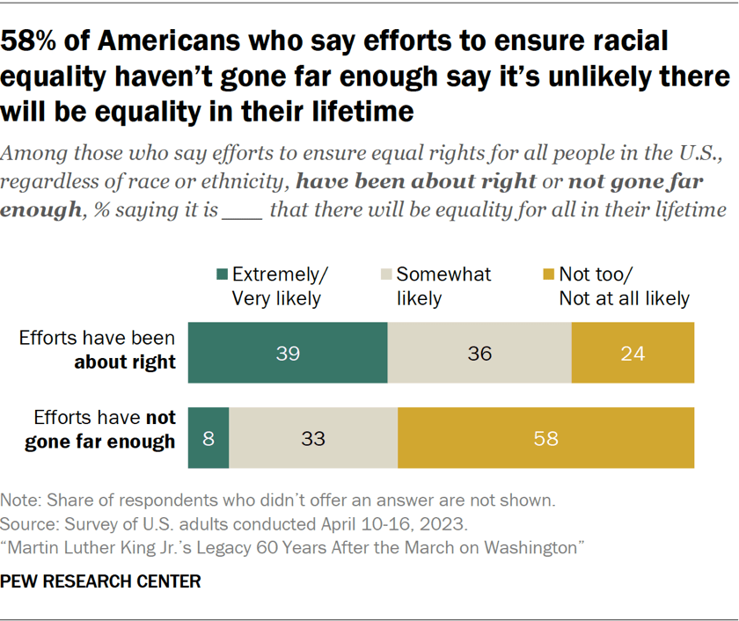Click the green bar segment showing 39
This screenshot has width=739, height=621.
coord(288,354)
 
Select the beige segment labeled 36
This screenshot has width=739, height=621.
coord(479,354)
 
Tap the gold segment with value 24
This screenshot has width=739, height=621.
coord(633,354)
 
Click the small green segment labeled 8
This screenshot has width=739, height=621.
coord(209,438)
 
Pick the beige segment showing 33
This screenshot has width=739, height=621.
coord(313,438)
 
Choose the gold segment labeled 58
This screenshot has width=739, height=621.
coord(545,438)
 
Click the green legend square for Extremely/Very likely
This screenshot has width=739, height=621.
coord(220,275)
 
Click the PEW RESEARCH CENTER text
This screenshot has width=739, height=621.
coord(101,581)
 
